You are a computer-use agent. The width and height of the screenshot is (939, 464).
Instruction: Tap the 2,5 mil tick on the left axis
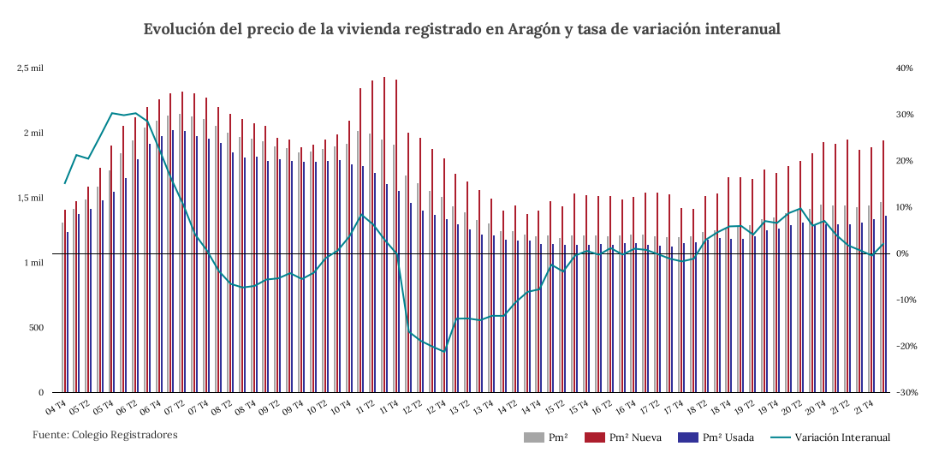click(x=31, y=68)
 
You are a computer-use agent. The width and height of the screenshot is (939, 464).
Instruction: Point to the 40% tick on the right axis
click(x=905, y=68)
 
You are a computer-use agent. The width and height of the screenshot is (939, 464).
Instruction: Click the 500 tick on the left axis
click(x=35, y=328)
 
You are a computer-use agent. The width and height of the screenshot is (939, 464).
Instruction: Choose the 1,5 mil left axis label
click(x=31, y=198)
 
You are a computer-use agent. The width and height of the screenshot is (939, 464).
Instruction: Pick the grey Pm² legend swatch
click(x=534, y=437)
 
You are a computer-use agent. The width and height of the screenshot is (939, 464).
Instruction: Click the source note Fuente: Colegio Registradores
click(x=105, y=435)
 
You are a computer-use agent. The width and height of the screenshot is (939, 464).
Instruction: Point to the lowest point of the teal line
click(x=445, y=352)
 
